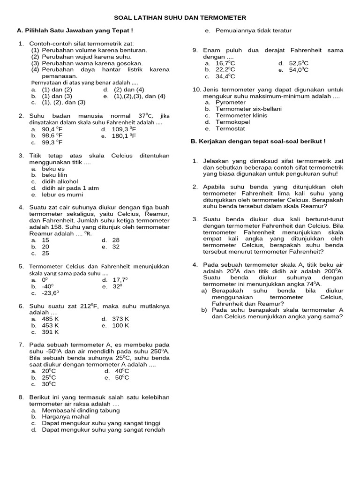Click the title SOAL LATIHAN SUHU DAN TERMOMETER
[180, 17]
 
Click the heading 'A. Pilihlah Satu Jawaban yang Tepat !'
[75, 30]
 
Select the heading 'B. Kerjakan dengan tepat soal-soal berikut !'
[257, 141]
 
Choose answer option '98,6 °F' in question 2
[52, 136]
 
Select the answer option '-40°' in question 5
[48, 286]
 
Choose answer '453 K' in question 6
[50, 325]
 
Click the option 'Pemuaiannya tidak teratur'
[253, 30]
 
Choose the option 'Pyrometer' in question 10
[230, 102]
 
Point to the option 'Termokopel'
[232, 122]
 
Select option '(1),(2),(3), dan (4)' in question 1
[139, 96]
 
